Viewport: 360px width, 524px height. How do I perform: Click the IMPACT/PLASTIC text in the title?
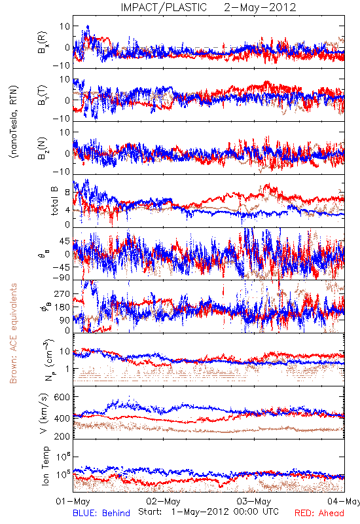point(164,7)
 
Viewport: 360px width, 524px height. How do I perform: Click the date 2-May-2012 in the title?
point(260,7)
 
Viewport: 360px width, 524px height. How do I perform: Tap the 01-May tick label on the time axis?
point(73,501)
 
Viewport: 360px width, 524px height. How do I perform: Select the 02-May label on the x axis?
point(163,501)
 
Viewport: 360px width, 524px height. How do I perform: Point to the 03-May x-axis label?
point(254,501)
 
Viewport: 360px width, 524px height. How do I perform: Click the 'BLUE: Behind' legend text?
point(101,513)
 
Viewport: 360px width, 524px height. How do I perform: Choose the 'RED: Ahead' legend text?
point(319,513)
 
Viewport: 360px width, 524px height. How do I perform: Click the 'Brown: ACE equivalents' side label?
point(13,333)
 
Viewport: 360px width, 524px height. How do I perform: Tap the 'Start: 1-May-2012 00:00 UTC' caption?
point(208,512)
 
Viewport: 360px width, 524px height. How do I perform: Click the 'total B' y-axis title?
point(54,201)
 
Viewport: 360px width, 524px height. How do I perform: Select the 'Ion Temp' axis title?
point(45,466)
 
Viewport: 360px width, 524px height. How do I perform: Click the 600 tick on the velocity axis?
point(62,397)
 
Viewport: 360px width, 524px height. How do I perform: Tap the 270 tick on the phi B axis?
point(63,293)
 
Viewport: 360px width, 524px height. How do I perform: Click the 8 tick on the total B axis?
point(68,193)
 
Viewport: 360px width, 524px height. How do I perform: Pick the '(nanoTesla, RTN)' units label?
point(14,122)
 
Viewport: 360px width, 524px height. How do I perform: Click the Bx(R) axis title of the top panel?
point(43,43)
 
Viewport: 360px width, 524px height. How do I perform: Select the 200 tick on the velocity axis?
point(62,436)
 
